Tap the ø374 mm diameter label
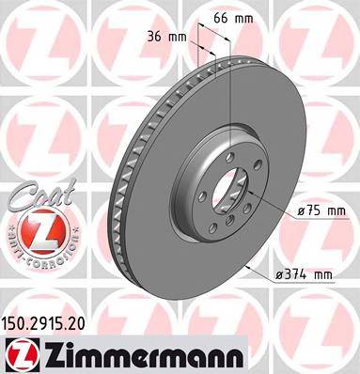pyautogui.click(x=304, y=273)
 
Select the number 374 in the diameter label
pyautogui.click(x=299, y=273)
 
